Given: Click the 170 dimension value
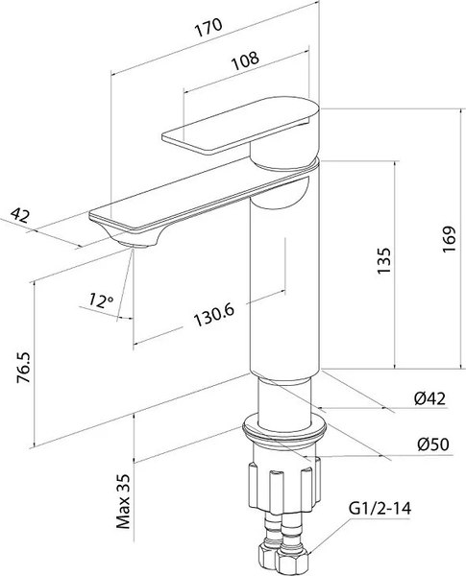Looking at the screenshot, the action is pos(208,28).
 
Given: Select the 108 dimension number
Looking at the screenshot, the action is pos(245,60).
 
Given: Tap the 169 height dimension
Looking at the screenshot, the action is pos(449,239).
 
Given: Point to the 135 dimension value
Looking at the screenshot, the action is pos(383,261).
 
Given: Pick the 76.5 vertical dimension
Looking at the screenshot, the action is pos(23,368).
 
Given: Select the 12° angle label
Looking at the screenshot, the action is pos(101,300).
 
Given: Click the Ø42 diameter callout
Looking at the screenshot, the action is pos(429,398).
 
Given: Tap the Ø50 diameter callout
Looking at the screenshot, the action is pos(433,444).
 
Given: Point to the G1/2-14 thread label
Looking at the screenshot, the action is pos(380,509).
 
